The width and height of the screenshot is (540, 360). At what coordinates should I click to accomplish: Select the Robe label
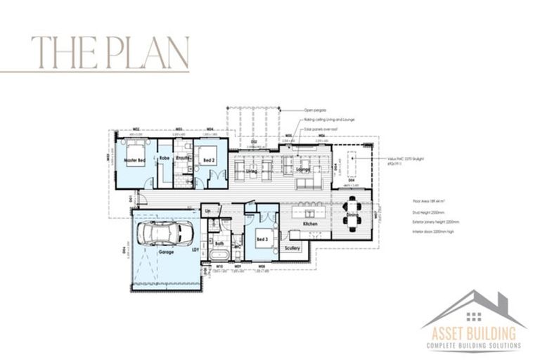(x=165, y=159)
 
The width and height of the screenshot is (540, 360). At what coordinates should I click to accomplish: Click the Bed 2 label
(x=208, y=161)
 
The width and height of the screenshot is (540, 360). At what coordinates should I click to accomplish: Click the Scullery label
(x=292, y=248)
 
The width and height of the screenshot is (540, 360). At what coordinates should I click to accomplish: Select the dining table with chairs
(x=352, y=210)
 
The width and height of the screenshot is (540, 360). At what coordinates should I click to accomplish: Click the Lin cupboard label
(x=208, y=210)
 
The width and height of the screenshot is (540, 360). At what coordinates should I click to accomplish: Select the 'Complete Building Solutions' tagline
(x=473, y=346)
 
